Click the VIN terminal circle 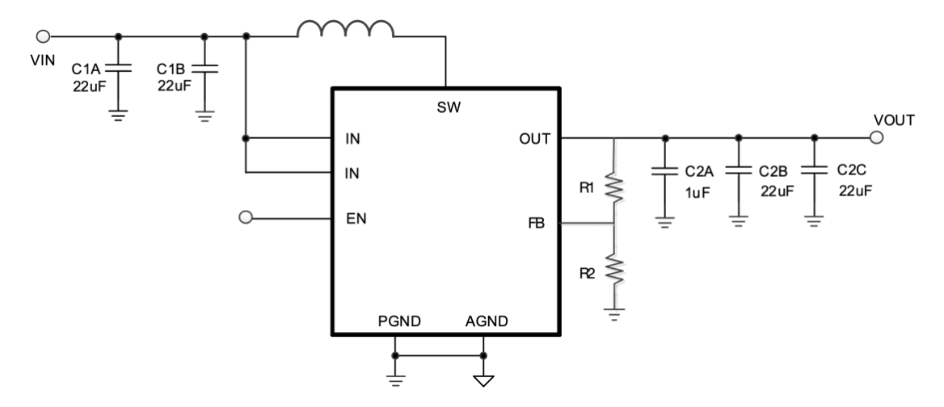44,36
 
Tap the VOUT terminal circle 878,138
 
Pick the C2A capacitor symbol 664,173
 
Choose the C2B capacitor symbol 737,171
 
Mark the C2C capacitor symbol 814,171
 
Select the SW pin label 445,107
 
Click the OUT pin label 534,139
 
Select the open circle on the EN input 247,217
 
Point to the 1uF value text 695,192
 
